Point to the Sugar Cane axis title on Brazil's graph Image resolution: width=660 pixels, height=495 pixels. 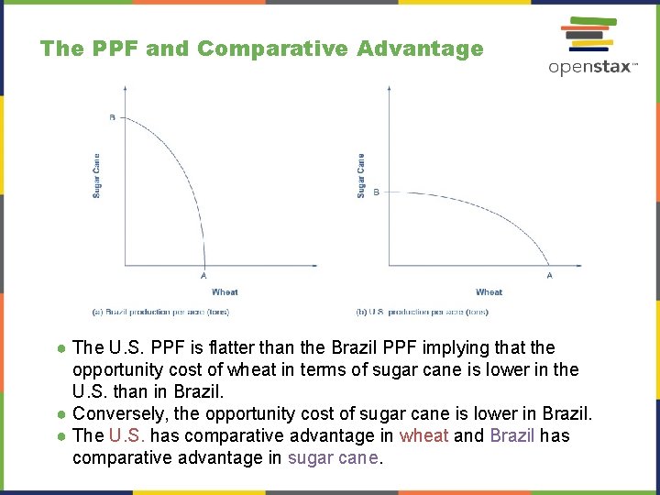[x=97, y=175]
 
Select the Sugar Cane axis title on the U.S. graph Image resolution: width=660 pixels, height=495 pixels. [x=361, y=175]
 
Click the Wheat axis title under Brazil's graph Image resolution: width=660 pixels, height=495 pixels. [x=225, y=292]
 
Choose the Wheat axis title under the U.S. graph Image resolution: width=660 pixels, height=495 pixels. [x=489, y=292]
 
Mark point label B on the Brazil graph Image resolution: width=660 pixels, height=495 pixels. [x=113, y=117]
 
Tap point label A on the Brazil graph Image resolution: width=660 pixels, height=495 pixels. [x=203, y=276]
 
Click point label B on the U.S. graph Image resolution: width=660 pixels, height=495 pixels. [x=376, y=192]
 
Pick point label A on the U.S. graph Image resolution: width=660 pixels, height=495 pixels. [x=550, y=276]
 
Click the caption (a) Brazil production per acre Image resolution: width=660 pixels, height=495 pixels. [x=160, y=313]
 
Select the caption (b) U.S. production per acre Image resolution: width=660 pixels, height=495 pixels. [x=423, y=313]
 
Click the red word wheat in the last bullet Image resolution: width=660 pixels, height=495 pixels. [x=424, y=435]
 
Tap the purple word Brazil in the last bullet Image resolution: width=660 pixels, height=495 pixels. [x=512, y=435]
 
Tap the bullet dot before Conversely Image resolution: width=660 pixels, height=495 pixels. [x=60, y=414]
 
